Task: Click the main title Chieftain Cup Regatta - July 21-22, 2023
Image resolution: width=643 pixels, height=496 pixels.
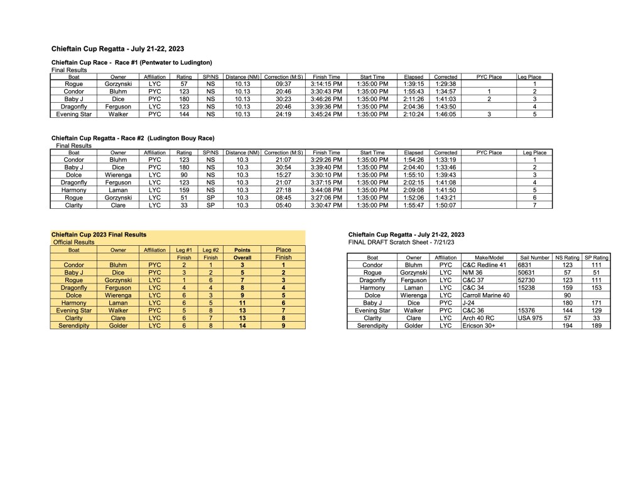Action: (x=117, y=48)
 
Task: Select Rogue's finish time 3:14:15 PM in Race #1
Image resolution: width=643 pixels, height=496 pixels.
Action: (x=327, y=84)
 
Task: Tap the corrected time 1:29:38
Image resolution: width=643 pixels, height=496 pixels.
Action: (x=445, y=84)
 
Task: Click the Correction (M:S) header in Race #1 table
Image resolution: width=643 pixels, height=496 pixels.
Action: (x=284, y=77)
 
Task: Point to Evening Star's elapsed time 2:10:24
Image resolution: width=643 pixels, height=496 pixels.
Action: (x=413, y=114)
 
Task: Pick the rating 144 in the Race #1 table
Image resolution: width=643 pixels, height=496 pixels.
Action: (x=184, y=114)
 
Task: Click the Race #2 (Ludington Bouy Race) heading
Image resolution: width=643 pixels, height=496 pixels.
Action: (x=132, y=138)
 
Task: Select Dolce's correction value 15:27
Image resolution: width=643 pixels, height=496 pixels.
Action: (x=284, y=174)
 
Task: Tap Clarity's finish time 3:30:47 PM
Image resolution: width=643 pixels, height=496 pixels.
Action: (x=327, y=204)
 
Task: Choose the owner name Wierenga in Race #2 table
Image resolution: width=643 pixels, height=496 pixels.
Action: (x=118, y=174)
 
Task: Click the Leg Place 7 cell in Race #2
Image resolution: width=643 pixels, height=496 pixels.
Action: (x=534, y=204)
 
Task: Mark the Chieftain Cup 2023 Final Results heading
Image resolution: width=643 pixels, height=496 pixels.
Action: (x=99, y=235)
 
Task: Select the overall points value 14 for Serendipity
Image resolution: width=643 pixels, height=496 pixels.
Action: (x=242, y=326)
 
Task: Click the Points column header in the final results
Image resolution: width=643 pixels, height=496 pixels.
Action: (x=242, y=250)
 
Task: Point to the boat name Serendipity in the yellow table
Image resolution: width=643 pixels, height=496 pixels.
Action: (x=73, y=326)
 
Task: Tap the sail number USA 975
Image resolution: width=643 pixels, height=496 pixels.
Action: (x=529, y=318)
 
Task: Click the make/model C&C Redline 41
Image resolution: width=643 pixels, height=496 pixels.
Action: (x=484, y=265)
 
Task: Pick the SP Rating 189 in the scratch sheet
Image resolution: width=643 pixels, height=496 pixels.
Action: (x=596, y=326)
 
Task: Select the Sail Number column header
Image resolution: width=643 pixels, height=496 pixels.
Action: (x=534, y=257)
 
